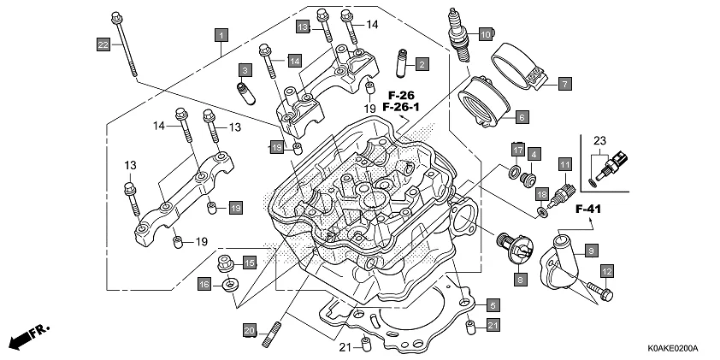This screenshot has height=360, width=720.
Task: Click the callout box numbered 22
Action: (x=103, y=44)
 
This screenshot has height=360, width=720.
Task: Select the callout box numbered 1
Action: (x=221, y=35)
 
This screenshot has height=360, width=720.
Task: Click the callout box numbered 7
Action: (x=565, y=84)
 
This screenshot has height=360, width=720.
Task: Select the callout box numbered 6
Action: (x=521, y=116)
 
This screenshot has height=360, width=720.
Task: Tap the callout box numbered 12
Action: (x=606, y=272)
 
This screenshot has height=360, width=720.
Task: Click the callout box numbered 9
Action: (x=590, y=250)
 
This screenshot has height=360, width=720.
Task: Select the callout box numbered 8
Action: (x=519, y=279)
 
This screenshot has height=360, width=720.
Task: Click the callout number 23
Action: (x=599, y=140)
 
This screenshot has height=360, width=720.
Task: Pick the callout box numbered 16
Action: (x=204, y=283)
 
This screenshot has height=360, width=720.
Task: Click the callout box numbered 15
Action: (x=250, y=262)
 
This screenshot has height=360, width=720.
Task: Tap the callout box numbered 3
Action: (x=244, y=69)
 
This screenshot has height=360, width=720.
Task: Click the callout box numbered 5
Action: (x=493, y=304)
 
